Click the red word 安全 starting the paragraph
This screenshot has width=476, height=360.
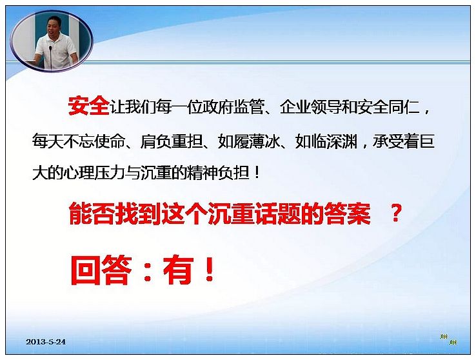coord(88,106)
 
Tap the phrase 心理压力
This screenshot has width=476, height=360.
coord(94,173)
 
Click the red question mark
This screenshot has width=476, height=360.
coord(395,214)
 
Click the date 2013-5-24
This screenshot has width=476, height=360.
coord(46,341)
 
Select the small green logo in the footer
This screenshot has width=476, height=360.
coord(449,339)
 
